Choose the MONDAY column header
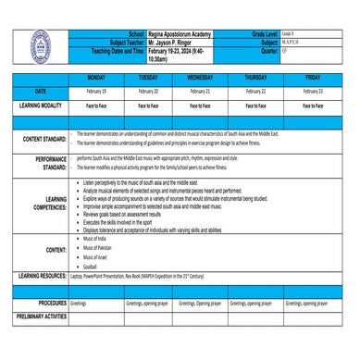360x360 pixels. [96, 78]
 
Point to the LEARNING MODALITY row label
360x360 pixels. [40, 106]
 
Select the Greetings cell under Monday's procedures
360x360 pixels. [79, 303]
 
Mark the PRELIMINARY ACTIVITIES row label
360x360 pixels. [40, 317]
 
